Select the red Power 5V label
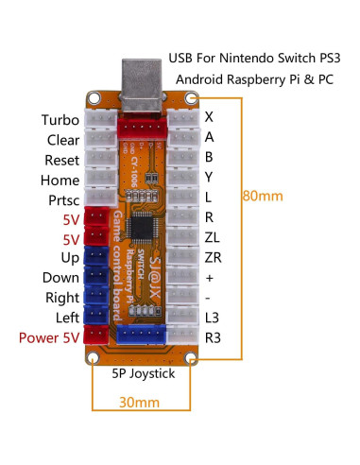[x=49, y=336]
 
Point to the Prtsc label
[x=63, y=199]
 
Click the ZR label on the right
[x=214, y=258]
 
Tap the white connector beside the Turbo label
[x=99, y=121]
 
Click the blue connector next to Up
[x=96, y=257]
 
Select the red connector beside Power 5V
[x=96, y=336]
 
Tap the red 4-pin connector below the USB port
[x=143, y=123]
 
